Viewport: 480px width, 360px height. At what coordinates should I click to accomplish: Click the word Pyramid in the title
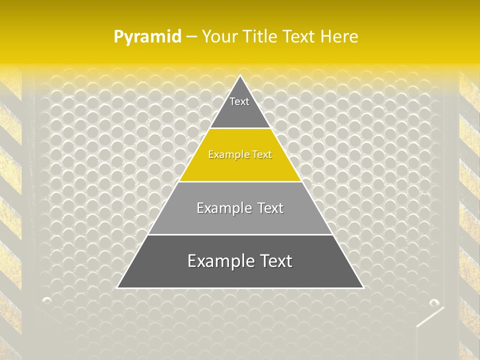pyautogui.click(x=147, y=37)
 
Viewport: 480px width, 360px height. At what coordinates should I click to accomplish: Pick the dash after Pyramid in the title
pyautogui.click(x=191, y=37)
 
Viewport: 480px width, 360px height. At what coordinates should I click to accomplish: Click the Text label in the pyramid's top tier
pyautogui.click(x=239, y=102)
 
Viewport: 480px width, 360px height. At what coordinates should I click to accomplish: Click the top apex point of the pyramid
pyautogui.click(x=240, y=76)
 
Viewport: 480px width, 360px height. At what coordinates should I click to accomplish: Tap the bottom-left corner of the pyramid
pyautogui.click(x=118, y=287)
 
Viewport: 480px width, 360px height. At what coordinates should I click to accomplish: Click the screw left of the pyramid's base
pyautogui.click(x=47, y=300)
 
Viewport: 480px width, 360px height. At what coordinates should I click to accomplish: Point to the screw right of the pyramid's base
pyautogui.click(x=434, y=302)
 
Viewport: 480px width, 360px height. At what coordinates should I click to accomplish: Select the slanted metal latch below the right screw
pyautogui.click(x=429, y=317)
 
